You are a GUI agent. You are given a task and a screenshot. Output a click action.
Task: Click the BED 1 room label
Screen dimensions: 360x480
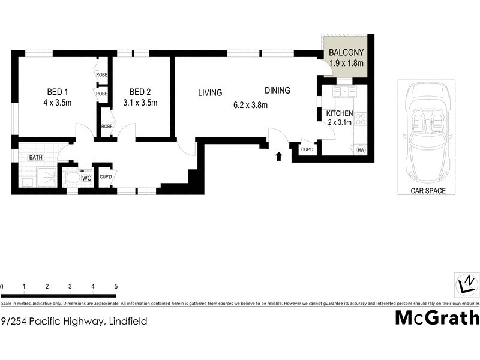(58, 92)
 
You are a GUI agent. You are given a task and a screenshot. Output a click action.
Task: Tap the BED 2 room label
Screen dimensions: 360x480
(140, 92)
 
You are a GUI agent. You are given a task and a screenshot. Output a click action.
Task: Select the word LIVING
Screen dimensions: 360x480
(210, 93)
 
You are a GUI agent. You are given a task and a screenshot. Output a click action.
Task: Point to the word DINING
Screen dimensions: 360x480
(277, 91)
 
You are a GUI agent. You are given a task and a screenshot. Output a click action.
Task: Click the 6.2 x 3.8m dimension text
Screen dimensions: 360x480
(250, 106)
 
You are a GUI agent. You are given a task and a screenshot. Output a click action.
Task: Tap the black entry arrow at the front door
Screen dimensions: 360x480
(278, 157)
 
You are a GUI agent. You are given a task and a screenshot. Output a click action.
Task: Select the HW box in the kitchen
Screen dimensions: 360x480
(361, 150)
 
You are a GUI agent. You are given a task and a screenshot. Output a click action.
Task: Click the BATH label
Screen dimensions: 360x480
(35, 158)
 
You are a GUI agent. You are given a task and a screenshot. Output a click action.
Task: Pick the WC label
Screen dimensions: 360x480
(86, 178)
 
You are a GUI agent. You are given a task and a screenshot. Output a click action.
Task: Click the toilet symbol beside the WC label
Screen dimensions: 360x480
(73, 178)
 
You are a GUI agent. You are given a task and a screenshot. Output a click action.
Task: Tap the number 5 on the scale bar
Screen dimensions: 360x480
(115, 286)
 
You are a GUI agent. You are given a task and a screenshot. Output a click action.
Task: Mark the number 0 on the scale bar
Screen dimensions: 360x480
(2, 286)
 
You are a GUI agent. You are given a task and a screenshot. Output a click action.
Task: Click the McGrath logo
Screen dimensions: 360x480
(437, 317)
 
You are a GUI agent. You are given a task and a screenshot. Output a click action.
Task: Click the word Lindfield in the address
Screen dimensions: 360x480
(127, 321)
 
